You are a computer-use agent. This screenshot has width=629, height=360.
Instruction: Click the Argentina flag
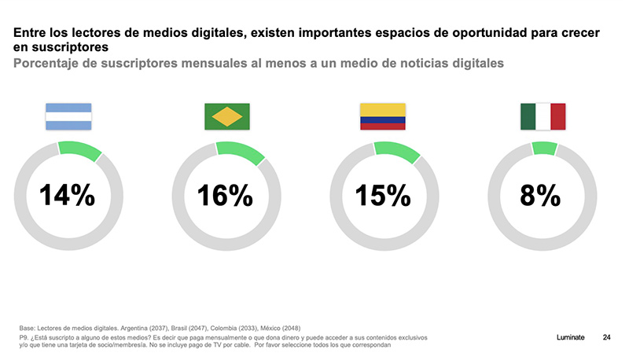click(x=68, y=116)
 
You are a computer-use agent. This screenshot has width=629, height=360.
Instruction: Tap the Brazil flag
click(x=227, y=116)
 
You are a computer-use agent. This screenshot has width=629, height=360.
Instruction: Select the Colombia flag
click(x=382, y=116)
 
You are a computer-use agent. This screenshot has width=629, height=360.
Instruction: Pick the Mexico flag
click(x=543, y=116)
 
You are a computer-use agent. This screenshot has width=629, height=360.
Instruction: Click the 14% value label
click(x=68, y=195)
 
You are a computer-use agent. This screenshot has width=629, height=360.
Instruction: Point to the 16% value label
click(x=226, y=195)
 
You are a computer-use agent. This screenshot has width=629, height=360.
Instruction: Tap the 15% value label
click(x=383, y=195)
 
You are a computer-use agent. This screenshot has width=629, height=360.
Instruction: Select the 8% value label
click(x=541, y=195)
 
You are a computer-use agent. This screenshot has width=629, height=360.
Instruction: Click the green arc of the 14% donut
click(x=81, y=149)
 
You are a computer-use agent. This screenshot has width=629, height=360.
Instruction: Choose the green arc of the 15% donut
click(x=398, y=150)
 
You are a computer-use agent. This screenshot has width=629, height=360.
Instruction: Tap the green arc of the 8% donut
click(x=545, y=148)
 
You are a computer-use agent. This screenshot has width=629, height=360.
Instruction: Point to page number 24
click(x=606, y=337)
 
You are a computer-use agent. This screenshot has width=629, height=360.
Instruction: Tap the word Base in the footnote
click(x=28, y=328)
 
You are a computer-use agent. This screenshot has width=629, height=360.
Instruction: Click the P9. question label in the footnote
click(x=25, y=337)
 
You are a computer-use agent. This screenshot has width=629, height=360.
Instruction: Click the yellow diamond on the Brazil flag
click(x=227, y=116)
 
